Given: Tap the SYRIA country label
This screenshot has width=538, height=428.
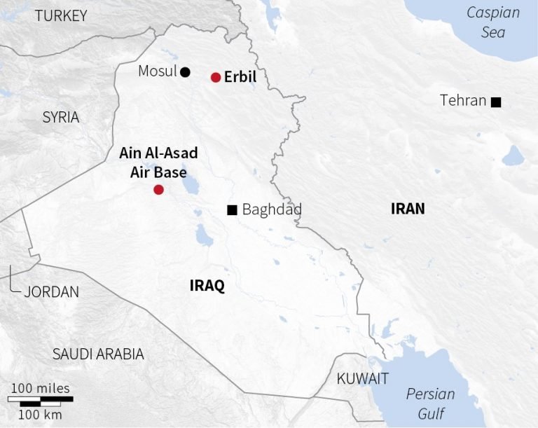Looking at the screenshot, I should click(61, 117).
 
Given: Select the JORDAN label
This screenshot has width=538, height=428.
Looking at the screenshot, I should click(51, 292).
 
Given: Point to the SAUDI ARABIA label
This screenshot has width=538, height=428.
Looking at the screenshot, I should click(98, 354).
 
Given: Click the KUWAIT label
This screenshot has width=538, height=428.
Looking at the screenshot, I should click(362, 379).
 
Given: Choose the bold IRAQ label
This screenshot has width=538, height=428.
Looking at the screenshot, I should click(207, 286).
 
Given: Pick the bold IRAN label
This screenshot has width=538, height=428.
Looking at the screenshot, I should click(408, 208).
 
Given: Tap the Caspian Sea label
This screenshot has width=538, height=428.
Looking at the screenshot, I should click(494, 22).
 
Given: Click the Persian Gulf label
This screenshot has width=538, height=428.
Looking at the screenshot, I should click(430, 403).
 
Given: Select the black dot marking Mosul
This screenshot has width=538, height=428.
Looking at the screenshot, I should click(185, 71).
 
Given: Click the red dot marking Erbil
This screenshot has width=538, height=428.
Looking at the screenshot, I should click(216, 77).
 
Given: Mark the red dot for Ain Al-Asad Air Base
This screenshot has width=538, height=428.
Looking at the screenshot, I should click(158, 190).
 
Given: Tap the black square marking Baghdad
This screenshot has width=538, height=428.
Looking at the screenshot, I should click(232, 209).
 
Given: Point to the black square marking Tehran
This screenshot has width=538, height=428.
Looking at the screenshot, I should click(496, 102).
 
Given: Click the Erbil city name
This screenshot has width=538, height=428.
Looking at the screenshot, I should click(240, 77).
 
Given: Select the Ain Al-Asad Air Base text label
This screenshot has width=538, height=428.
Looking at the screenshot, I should click(158, 162).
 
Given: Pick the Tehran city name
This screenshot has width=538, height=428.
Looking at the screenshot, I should click(463, 101).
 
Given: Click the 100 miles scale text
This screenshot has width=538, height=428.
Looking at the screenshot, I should click(40, 388).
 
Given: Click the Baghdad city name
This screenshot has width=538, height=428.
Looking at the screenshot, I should click(272, 209).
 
